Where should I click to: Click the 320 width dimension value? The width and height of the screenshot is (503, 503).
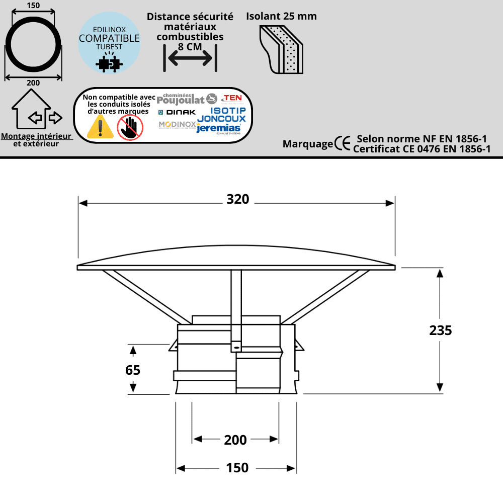[237, 200]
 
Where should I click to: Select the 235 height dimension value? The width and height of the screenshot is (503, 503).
[441, 330]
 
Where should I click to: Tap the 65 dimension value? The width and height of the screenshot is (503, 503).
[133, 370]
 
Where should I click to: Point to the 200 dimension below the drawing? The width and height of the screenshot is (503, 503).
[235, 440]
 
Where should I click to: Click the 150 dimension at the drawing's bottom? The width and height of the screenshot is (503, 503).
[237, 468]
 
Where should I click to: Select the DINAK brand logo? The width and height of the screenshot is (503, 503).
[177, 112]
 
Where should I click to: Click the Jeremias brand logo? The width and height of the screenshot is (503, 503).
[219, 129]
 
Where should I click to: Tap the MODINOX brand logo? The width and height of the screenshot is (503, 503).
[177, 125]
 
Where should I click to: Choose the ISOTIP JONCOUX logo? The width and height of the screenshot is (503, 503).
[221, 115]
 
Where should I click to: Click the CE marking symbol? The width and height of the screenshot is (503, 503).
[343, 144]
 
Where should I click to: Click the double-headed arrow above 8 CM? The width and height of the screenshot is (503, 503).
[190, 58]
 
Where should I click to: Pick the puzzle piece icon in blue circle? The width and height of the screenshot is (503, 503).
[109, 62]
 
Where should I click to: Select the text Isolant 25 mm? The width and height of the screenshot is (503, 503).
[281, 16]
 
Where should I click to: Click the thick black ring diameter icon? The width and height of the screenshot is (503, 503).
[33, 44]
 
